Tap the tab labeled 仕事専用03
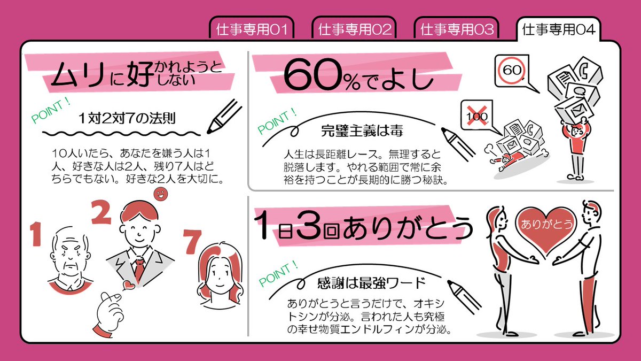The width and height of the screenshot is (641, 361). coord(457,29)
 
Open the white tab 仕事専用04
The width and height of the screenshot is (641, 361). coord(558,29)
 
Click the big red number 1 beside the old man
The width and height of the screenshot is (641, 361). coord(35,235)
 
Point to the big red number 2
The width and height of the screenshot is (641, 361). coord(101,213)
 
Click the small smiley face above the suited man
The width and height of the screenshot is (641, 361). coord(159,193)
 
